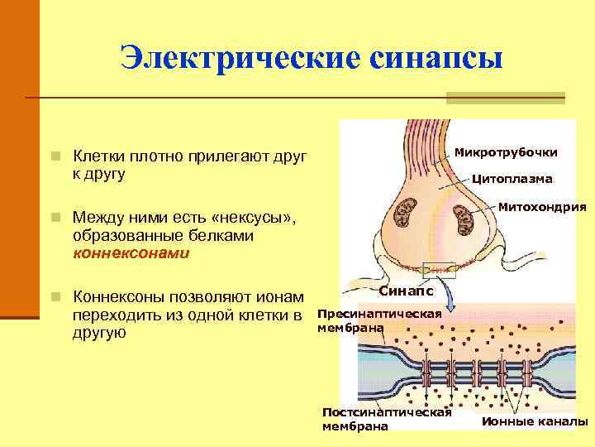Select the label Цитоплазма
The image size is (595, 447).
tap(512, 178)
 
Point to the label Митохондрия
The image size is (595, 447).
tap(542, 206)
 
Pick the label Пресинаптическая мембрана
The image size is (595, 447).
tap(379, 321)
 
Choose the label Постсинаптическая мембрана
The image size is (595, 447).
tap(385, 419)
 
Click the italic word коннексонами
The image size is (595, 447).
tap(131, 253)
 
